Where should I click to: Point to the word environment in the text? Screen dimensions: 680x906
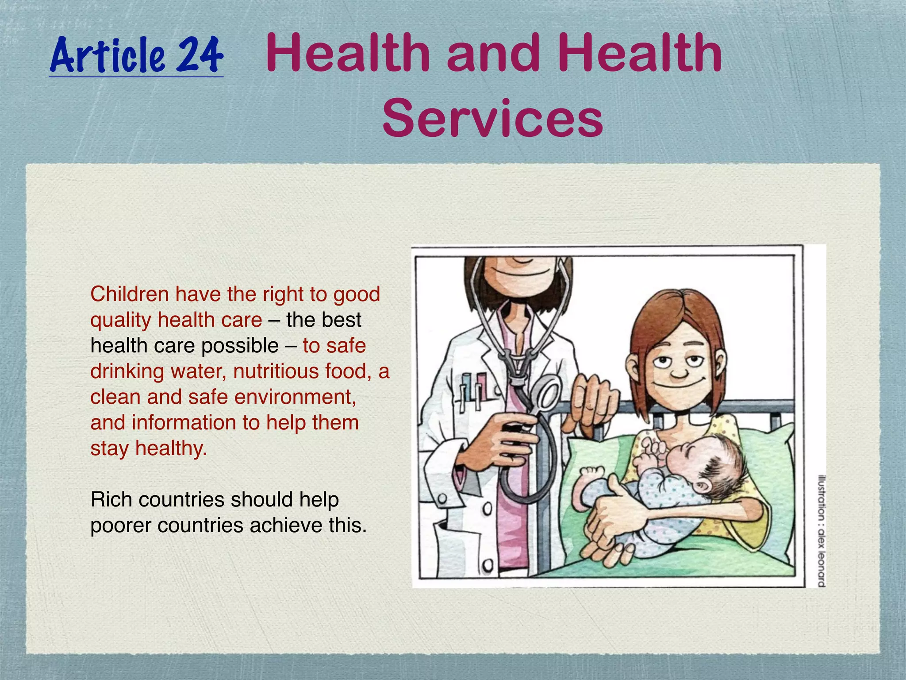pos(294,397)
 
